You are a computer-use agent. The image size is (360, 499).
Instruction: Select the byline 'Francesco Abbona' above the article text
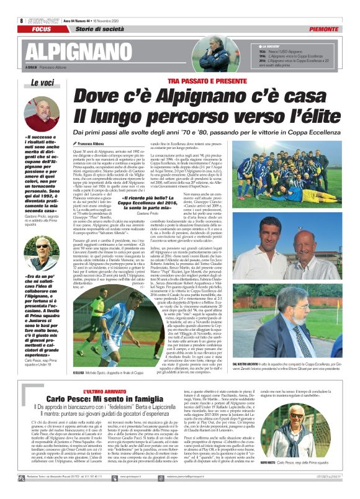[94, 143]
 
